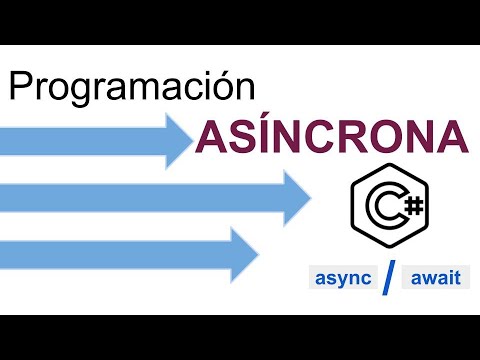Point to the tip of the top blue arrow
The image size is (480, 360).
[x=192, y=139]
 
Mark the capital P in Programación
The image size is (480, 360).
[x=22, y=87]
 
